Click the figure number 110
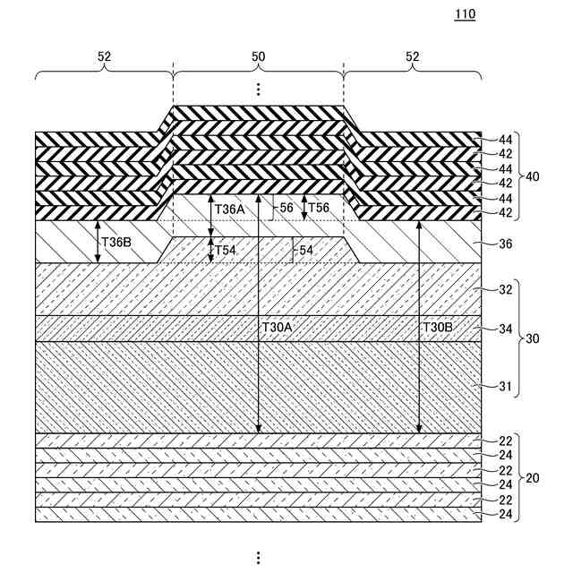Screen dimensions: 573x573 [466, 15]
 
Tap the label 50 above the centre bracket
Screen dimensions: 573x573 [258, 56]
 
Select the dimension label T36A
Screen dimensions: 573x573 [229, 208]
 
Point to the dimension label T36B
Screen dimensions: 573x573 [116, 242]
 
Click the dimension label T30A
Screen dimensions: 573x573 [278, 328]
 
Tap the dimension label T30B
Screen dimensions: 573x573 [439, 328]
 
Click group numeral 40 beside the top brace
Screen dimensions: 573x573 [534, 176]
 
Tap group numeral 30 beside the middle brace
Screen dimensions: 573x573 [534, 339]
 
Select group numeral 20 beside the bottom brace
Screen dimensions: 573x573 [534, 477]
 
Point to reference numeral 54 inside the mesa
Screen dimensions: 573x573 [305, 250]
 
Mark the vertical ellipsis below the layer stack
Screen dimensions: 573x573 [258, 556]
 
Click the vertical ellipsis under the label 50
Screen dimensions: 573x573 [258, 89]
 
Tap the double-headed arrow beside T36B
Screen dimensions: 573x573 [98, 242]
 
